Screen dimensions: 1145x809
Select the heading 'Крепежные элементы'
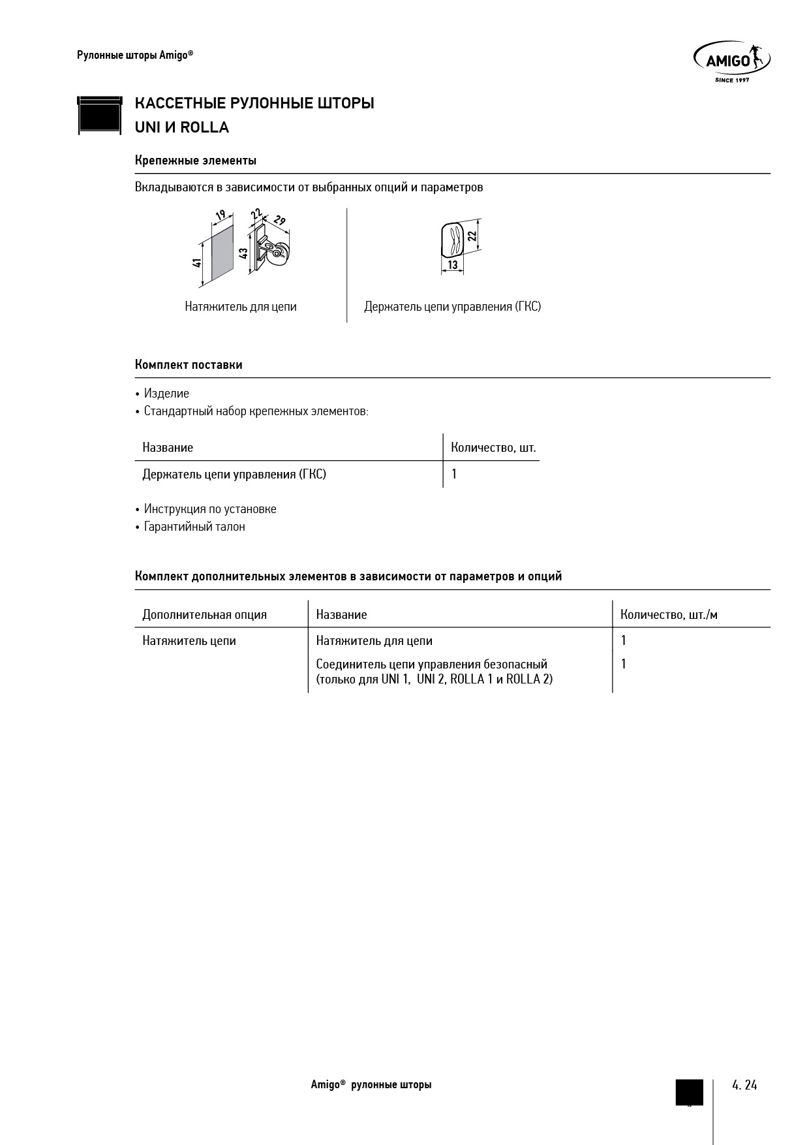click(x=195, y=161)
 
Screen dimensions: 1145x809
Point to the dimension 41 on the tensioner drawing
click(x=196, y=262)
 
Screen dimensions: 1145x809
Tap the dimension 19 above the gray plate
click(x=221, y=215)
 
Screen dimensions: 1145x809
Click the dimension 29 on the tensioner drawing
click(x=280, y=221)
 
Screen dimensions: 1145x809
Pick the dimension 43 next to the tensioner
click(x=243, y=253)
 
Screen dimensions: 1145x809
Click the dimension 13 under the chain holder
click(x=452, y=266)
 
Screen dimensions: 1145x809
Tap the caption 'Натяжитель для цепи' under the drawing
click(x=241, y=307)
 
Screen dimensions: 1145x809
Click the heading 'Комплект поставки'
click(x=189, y=365)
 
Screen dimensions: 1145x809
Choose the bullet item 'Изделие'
click(x=166, y=394)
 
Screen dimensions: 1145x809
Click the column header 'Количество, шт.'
click(x=493, y=448)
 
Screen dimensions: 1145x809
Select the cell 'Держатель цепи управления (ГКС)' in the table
click(x=234, y=475)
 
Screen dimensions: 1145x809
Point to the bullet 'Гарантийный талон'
click(x=194, y=527)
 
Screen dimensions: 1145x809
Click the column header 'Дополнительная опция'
click(x=205, y=615)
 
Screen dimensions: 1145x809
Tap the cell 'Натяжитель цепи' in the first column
click(x=189, y=641)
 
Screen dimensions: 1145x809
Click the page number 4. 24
click(x=744, y=1085)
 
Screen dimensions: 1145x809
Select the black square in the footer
click(x=689, y=1092)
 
